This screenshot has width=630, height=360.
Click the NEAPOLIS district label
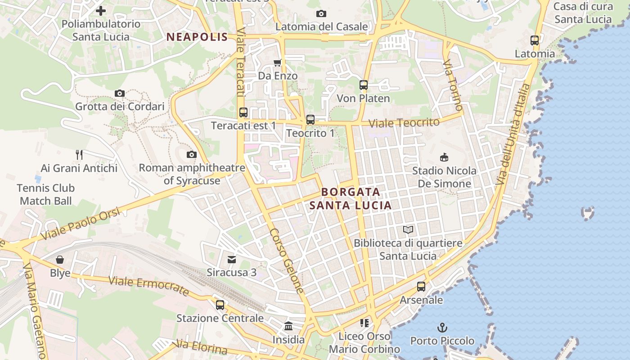click(197, 37)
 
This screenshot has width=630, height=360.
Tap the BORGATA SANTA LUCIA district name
click(350, 199)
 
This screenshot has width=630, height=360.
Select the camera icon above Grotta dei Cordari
click(120, 94)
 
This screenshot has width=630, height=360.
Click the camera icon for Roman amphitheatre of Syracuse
click(192, 155)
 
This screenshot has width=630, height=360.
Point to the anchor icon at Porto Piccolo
click(442, 327)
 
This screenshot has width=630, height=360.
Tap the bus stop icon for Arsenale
click(421, 287)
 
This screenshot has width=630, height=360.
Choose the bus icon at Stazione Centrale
click(220, 305)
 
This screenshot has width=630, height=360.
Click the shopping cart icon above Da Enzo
click(278, 63)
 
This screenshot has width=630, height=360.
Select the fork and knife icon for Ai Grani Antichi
click(79, 155)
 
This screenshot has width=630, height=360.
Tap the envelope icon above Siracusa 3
click(232, 259)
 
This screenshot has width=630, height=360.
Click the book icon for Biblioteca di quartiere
click(408, 230)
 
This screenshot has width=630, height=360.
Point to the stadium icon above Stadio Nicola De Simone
click(444, 157)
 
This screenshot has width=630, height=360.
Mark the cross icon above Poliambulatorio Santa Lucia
click(101, 11)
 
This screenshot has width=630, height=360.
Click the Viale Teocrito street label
click(404, 123)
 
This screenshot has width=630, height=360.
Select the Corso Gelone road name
click(287, 261)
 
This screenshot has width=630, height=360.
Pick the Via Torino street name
click(453, 85)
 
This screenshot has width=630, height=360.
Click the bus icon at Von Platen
click(364, 85)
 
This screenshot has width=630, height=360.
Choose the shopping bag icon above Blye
click(60, 260)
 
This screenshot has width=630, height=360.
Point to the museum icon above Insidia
click(288, 326)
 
